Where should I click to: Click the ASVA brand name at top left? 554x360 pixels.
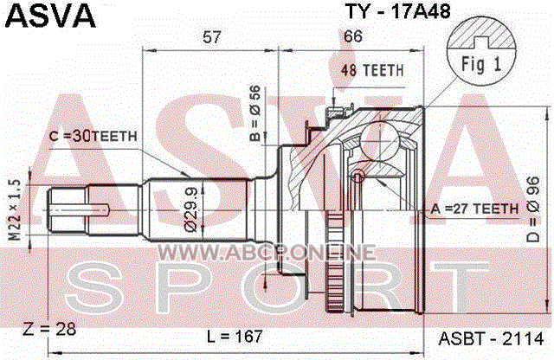(x=50, y=16)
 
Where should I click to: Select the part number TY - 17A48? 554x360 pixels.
(x=398, y=11)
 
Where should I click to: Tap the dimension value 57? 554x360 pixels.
(x=211, y=36)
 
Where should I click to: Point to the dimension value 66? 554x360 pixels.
(x=352, y=36)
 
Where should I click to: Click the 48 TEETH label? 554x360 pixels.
(x=372, y=70)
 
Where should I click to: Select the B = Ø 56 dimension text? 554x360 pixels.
(x=255, y=113)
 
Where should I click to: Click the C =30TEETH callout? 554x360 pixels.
(x=93, y=136)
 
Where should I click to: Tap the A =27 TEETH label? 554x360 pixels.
(x=474, y=209)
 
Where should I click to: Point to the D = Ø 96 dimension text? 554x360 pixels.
(x=533, y=209)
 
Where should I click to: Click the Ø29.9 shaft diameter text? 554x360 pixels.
(x=191, y=209)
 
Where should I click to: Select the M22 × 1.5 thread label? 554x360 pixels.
(x=15, y=209)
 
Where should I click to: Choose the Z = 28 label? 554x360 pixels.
(x=49, y=329)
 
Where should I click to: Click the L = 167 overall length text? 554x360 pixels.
(x=235, y=337)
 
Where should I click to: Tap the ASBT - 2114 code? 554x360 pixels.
(x=491, y=339)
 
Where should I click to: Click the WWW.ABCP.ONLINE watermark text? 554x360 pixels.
(x=267, y=252)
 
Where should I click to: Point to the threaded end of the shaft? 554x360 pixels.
(x=68, y=210)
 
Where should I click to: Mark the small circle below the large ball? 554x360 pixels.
(x=358, y=176)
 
